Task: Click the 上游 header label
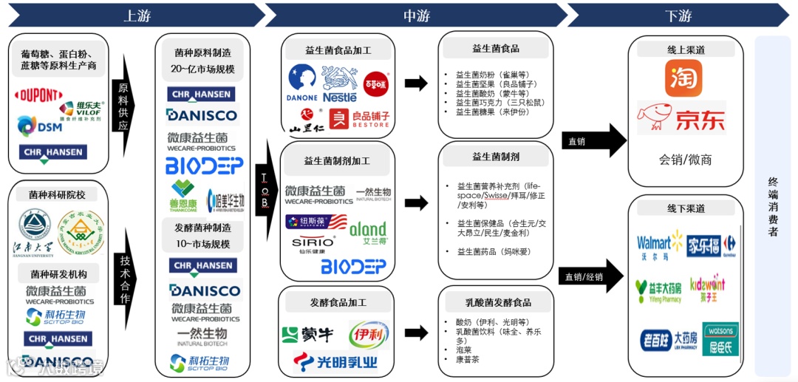[137, 16]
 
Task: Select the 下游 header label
[678, 16]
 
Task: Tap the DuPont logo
[38, 97]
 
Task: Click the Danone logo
[301, 83]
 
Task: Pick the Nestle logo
[339, 83]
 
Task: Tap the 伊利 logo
[369, 335]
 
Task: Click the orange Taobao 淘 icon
[683, 78]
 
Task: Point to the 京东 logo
[681, 118]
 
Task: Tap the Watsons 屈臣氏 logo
[720, 339]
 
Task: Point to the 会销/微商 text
[685, 160]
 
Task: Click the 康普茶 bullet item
[468, 359]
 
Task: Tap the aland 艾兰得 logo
[368, 232]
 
